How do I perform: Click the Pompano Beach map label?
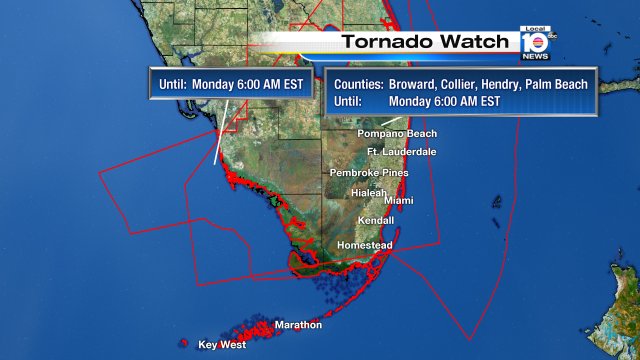397,133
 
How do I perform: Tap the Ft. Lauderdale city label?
401,152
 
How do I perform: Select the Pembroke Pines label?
369,173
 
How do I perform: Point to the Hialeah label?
368,192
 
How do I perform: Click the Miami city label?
398,201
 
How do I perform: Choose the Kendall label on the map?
376,221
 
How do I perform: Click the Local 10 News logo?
535,43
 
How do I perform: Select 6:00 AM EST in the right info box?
473,100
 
